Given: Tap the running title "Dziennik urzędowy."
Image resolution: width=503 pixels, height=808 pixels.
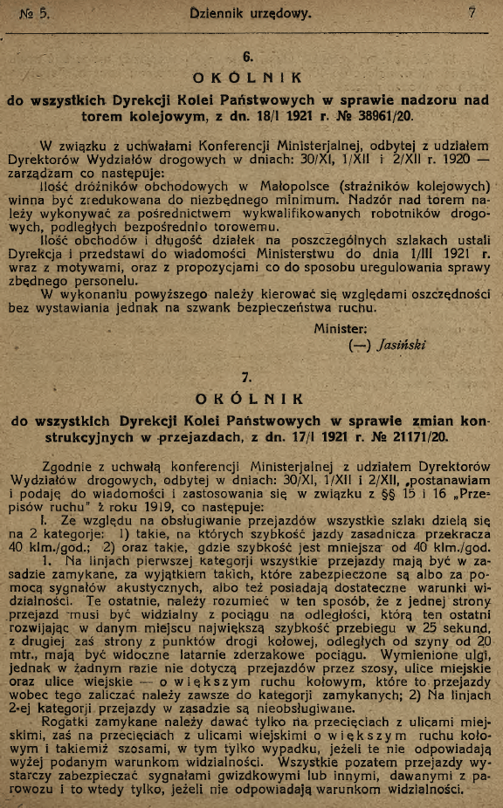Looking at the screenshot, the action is [x=251, y=13].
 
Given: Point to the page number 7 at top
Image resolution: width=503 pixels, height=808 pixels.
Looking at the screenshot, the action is [x=472, y=13].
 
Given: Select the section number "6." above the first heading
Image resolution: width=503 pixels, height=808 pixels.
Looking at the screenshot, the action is [x=247, y=58].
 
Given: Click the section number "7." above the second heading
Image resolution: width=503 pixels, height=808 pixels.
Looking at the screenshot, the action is [x=247, y=378].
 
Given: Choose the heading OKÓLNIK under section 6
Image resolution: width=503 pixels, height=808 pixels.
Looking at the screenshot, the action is [x=248, y=78].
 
